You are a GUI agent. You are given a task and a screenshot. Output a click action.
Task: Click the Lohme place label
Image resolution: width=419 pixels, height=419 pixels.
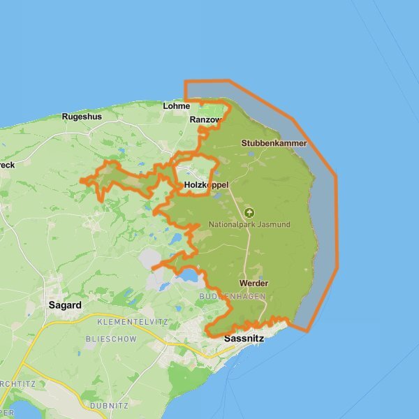pyautogui.click(x=176, y=106)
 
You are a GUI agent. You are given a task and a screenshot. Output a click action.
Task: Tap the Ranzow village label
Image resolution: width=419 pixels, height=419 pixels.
pyautogui.click(x=205, y=120)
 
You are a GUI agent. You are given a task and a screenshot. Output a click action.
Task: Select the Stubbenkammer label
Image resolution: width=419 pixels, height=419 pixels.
pyautogui.click(x=274, y=143)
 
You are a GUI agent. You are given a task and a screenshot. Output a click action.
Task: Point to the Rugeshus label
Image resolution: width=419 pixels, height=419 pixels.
pyautogui.click(x=82, y=117)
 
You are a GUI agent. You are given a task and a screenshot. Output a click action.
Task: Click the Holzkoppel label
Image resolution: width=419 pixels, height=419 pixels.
pyautogui.click(x=206, y=184)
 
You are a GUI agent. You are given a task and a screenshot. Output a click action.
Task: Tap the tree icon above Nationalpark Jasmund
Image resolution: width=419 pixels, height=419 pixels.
pyautogui.click(x=250, y=212)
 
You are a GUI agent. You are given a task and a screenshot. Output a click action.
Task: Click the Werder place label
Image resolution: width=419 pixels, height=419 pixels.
pyautogui.click(x=253, y=284)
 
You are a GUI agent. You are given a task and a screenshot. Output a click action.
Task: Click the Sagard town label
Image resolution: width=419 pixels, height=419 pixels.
pyautogui.click(x=65, y=305)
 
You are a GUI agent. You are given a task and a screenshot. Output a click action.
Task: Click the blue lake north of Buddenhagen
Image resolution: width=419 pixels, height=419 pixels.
pyautogui.click(x=189, y=277)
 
